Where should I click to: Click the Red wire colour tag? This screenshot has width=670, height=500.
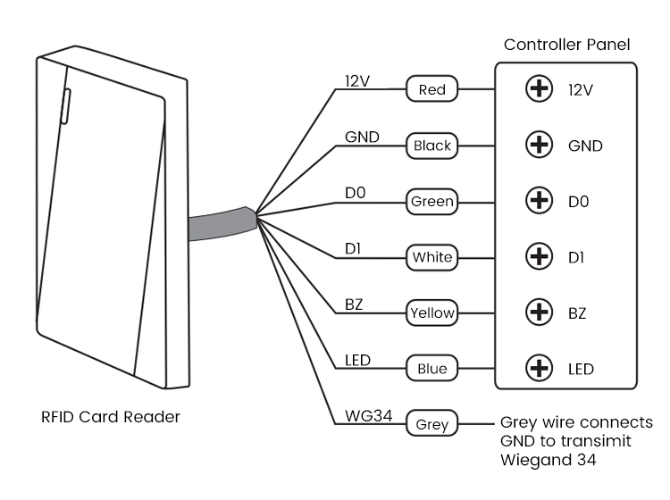pos(431,89)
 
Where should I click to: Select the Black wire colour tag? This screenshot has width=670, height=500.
pos(431,146)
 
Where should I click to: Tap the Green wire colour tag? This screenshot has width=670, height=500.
pos(431,202)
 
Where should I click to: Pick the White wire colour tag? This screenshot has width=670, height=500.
pos(431,258)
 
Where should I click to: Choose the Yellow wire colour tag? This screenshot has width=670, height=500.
pos(431,312)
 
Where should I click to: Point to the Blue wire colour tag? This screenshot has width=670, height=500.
pos(431,368)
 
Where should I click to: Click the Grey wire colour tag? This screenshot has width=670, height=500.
pos(431,424)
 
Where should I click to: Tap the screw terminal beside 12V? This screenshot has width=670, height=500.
pos(539,90)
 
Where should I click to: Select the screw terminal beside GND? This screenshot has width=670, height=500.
pos(539,146)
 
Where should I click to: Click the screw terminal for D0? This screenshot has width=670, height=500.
pos(539,202)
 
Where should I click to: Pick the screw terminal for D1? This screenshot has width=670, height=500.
pos(539,257)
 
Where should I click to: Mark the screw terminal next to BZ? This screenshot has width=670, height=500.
pos(539,312)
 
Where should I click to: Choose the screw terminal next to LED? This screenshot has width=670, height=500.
pos(539,368)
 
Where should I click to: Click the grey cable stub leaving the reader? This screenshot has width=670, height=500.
pos(219,225)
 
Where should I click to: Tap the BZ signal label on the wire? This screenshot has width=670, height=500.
pos(354,304)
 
